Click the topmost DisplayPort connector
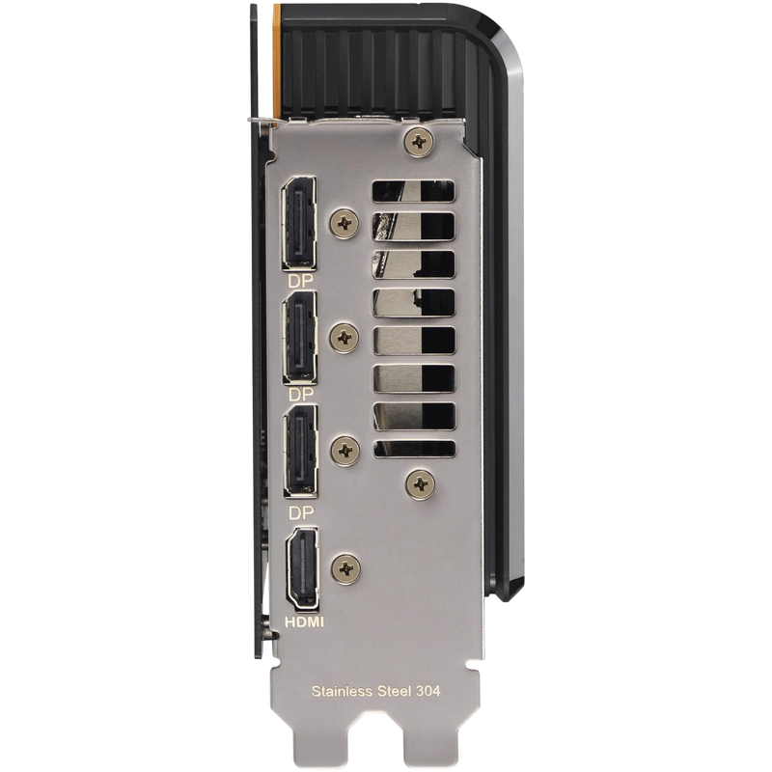coord(299,223)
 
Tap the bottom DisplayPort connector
coord(301,451)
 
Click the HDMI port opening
coord(302,567)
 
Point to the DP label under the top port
coord(300,281)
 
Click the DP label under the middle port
coord(301,395)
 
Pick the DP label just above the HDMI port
coord(301,513)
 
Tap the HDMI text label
coord(305,622)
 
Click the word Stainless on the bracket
coord(343,691)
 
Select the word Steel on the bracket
coord(394,691)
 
